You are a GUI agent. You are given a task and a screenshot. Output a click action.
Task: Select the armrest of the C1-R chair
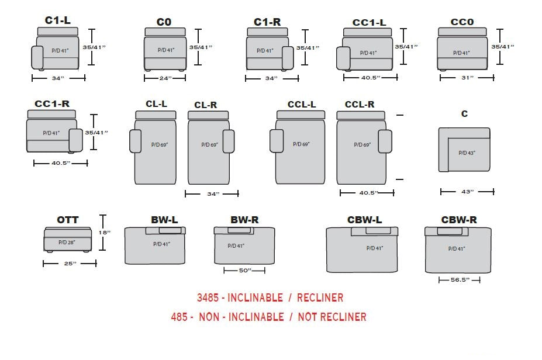[x=287, y=58]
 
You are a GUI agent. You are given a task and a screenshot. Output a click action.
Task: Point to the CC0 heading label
[x=462, y=22]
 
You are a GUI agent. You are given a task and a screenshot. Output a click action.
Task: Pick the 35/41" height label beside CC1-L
[x=406, y=47]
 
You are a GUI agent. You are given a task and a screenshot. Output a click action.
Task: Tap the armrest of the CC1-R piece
[x=75, y=140]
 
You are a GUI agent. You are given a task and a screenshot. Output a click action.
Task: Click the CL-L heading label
[x=156, y=104]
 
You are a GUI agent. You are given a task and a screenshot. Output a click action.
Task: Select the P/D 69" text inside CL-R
[x=209, y=144]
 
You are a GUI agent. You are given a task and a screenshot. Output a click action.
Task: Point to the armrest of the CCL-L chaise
[x=276, y=141]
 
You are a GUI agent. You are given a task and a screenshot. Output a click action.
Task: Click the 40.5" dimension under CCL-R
[x=367, y=193]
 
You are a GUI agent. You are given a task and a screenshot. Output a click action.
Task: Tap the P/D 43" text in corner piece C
[x=467, y=153]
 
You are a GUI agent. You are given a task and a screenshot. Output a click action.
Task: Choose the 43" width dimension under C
[x=467, y=191]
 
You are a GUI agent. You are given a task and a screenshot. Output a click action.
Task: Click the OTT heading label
[x=68, y=220]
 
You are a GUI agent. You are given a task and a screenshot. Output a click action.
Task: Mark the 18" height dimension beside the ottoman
[x=105, y=233]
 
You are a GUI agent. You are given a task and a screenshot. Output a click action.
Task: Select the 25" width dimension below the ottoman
[x=70, y=264]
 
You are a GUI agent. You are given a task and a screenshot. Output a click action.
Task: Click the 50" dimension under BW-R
[x=245, y=271]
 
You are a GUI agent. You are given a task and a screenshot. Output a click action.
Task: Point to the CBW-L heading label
[x=364, y=220]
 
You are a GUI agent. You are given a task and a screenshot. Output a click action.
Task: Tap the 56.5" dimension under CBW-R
[x=459, y=281]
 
